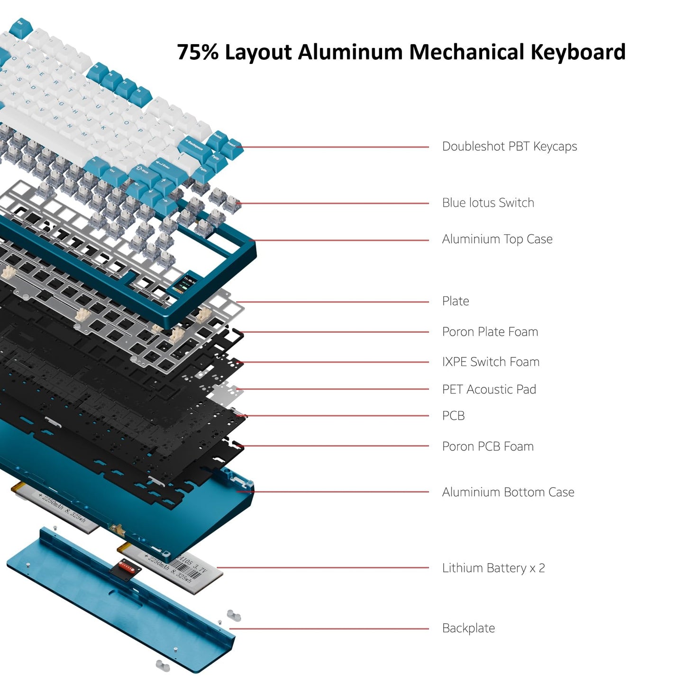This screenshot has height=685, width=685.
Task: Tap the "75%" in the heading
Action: (198, 52)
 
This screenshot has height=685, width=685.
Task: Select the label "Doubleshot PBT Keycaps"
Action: (509, 146)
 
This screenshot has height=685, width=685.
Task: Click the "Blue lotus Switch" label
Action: (488, 203)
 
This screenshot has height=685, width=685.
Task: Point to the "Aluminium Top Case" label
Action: (497, 239)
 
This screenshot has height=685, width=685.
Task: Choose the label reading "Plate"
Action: (455, 301)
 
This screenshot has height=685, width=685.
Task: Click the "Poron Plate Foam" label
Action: (490, 332)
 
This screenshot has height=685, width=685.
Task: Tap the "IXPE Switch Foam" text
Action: (491, 362)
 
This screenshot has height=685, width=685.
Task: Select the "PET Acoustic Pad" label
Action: (489, 389)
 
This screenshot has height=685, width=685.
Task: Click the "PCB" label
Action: (453, 416)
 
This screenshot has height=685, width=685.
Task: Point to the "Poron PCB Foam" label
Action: (487, 447)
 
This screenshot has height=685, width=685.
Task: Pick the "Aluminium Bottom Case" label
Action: (508, 492)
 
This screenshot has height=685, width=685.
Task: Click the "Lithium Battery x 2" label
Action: (493, 568)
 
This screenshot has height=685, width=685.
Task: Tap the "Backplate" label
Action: (468, 628)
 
